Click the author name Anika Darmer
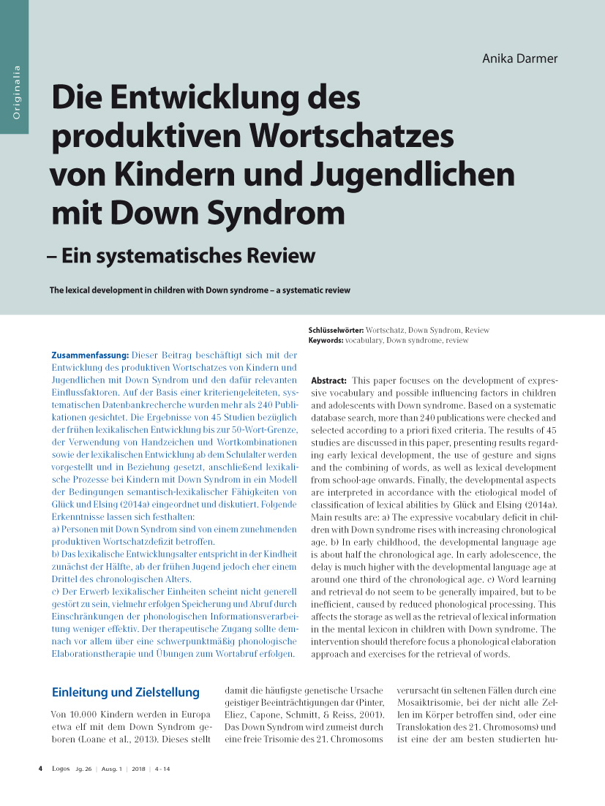pos(519,58)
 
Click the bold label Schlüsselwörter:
pos(337,331)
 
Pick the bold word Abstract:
pos(329,381)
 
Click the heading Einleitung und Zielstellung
pos(126,692)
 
